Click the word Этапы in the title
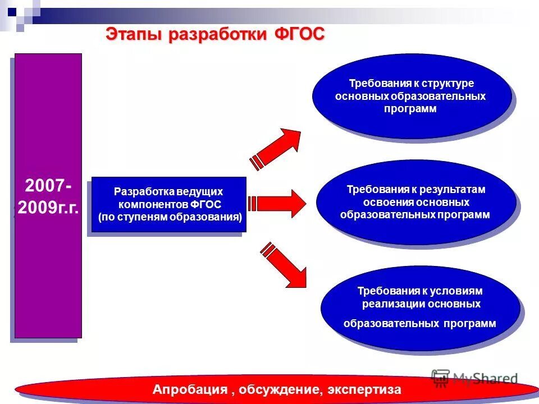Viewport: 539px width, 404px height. (133, 34)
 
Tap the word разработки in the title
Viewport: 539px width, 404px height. (219, 34)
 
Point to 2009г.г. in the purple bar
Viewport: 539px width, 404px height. (48, 208)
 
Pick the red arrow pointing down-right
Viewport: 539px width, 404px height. (284, 263)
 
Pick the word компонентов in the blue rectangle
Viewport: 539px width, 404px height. (153, 204)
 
